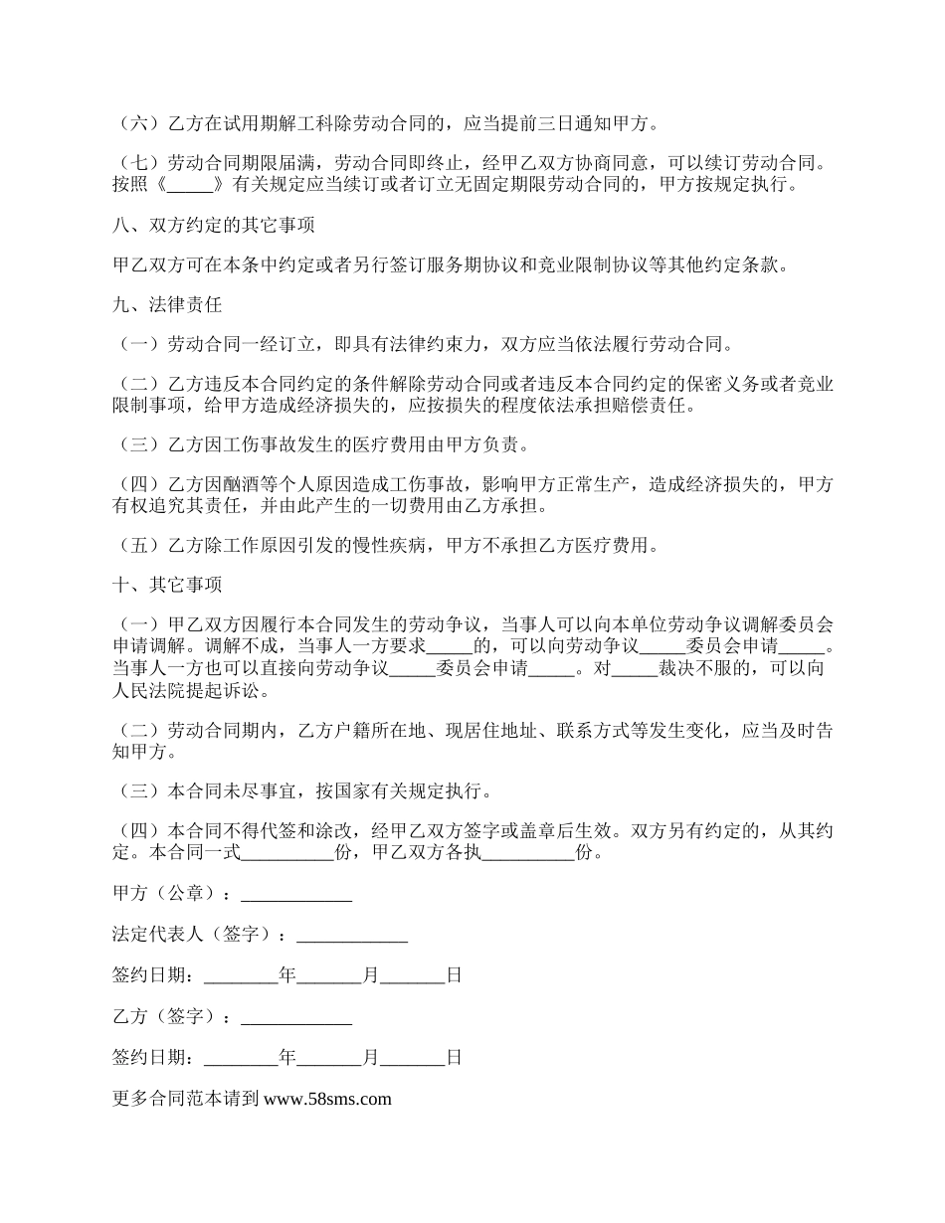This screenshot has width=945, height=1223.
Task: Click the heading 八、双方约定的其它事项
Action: (214, 226)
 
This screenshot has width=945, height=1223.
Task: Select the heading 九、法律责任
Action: (167, 306)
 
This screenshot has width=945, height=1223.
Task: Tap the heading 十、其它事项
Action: (167, 585)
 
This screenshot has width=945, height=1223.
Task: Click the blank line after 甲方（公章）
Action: (296, 894)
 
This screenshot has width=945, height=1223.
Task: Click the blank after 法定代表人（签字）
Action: (352, 935)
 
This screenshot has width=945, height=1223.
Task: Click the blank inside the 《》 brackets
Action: (192, 185)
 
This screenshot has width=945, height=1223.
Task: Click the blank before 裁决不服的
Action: (634, 669)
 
